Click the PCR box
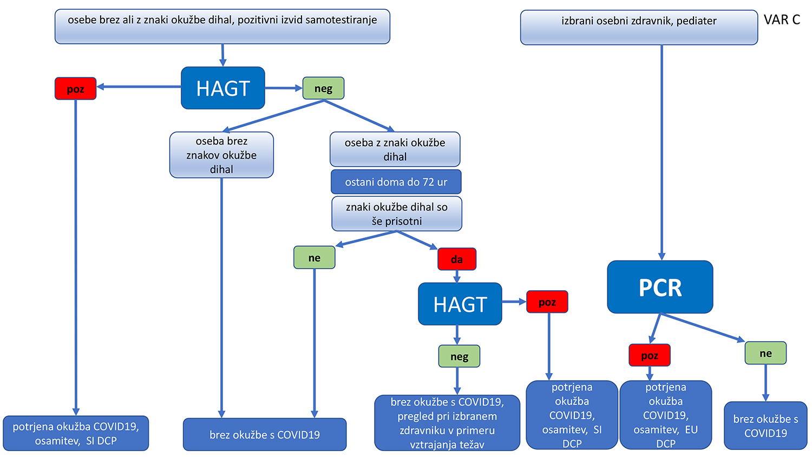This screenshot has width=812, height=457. (660, 287)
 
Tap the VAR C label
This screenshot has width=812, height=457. (782, 20)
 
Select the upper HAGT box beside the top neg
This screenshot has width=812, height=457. (223, 88)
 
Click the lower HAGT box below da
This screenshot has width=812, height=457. (460, 304)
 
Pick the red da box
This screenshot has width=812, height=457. (457, 259)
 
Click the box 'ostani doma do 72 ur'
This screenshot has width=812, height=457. (396, 182)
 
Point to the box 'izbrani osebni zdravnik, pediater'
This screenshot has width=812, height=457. (639, 27)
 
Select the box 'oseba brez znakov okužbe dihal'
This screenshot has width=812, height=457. (221, 155)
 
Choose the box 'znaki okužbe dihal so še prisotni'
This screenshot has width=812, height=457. (397, 214)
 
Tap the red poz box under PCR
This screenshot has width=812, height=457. (650, 355)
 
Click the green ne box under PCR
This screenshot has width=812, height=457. (765, 353)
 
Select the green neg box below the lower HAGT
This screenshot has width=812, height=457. (459, 356)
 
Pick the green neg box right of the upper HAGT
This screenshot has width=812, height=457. (323, 88)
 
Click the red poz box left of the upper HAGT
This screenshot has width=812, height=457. (75, 88)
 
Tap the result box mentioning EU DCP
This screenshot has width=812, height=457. (666, 415)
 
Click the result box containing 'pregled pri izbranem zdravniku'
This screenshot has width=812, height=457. (447, 423)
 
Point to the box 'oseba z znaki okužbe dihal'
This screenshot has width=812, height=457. (395, 149)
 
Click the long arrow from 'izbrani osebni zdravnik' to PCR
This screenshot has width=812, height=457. (662, 152)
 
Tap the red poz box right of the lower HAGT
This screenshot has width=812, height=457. (547, 302)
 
